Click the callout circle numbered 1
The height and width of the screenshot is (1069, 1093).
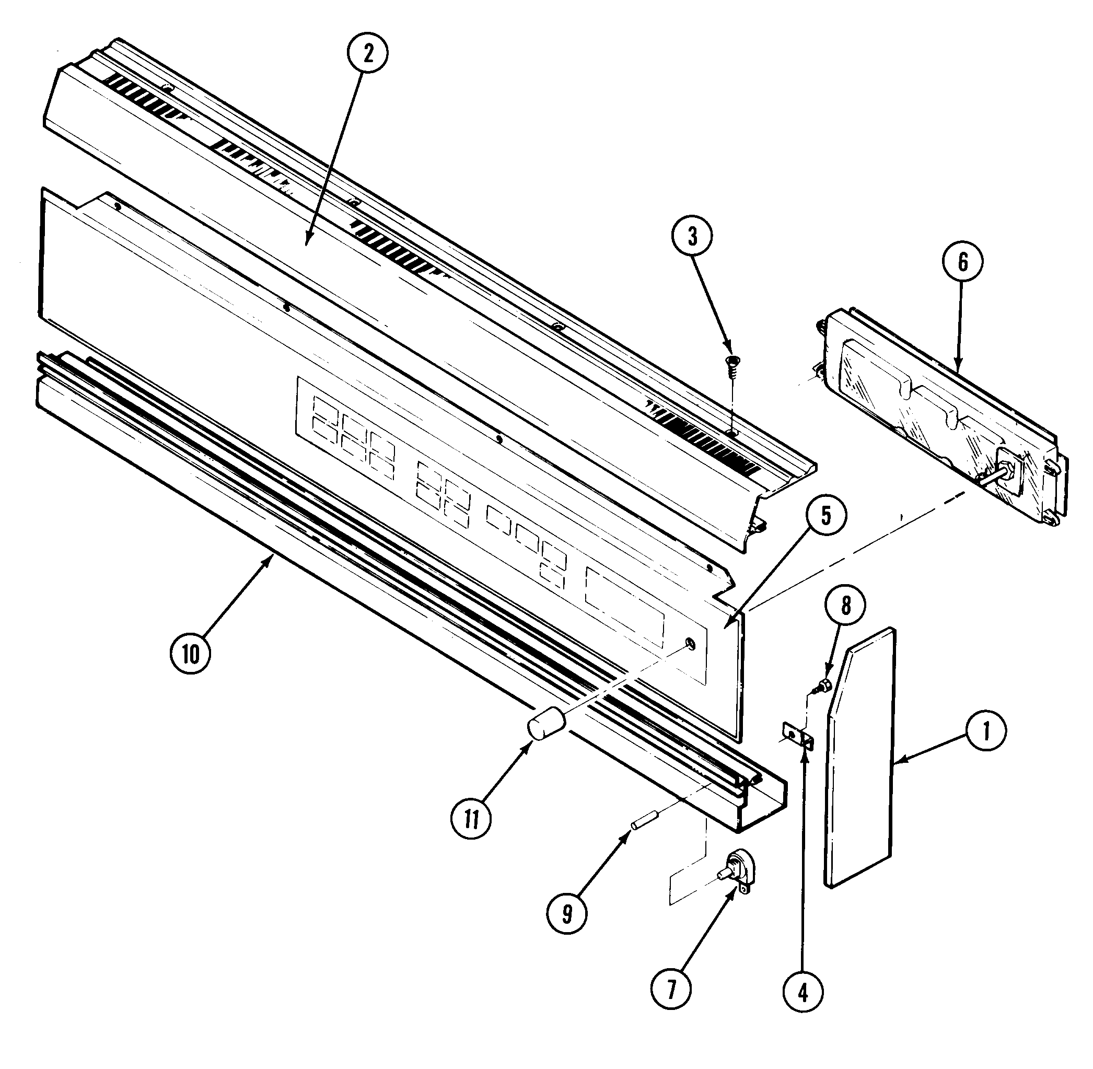point(986,731)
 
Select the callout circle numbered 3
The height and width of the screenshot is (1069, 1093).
point(692,237)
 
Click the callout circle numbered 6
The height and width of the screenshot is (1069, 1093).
point(962,262)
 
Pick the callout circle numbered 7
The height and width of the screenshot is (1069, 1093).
point(671,986)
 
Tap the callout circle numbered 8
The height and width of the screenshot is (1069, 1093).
point(845,605)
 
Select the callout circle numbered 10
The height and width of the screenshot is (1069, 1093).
point(191,654)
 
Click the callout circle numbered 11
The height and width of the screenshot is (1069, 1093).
point(471,819)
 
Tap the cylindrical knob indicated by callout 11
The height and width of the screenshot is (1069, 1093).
point(545,725)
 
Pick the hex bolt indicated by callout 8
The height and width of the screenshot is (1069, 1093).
point(824,684)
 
